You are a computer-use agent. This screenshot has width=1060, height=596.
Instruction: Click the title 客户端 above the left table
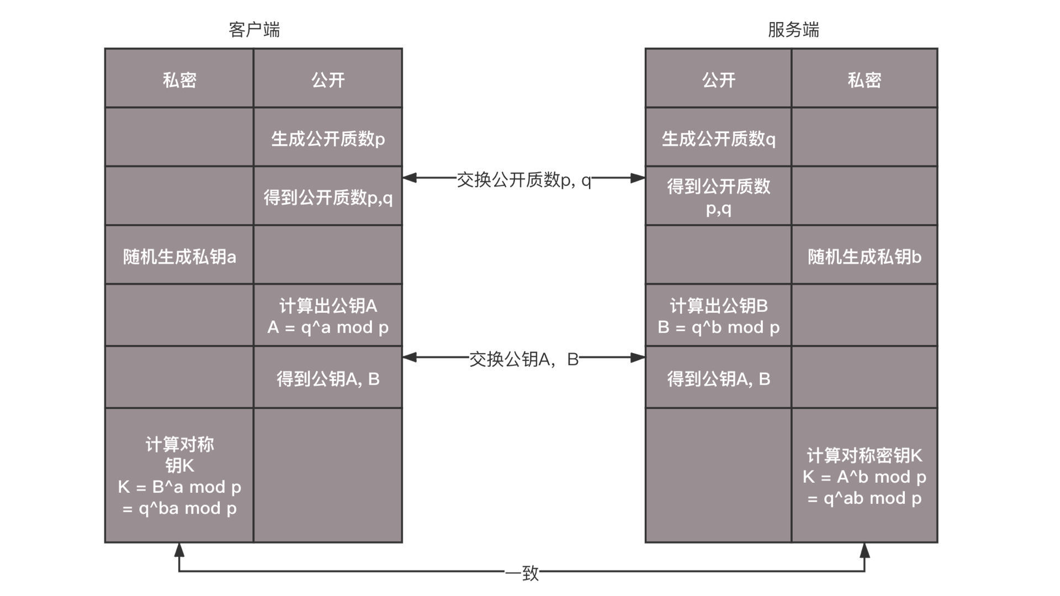254,29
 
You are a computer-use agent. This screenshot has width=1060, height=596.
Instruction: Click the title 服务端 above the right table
793,29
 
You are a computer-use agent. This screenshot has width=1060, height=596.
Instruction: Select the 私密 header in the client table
179,80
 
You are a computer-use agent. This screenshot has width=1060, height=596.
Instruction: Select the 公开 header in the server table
718,80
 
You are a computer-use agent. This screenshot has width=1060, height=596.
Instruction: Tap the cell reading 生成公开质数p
328,139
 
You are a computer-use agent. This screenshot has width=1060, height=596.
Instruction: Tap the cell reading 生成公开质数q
718,139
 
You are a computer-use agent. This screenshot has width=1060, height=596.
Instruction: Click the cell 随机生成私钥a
179,257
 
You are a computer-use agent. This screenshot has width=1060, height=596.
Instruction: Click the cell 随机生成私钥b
865,257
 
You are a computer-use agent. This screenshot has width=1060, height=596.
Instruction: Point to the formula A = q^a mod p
328,327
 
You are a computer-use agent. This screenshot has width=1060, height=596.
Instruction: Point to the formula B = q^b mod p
718,327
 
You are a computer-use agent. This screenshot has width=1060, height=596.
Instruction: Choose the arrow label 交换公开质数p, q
524,179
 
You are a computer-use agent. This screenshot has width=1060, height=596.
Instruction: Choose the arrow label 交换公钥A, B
524,359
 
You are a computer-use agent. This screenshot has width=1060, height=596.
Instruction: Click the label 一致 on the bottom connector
522,573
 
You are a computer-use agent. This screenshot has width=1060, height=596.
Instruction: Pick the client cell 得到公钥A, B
328,379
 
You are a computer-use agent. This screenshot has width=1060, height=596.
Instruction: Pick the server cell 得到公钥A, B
718,379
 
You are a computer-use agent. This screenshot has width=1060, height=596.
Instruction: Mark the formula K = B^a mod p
179,487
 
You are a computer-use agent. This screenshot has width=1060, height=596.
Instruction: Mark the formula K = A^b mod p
865,477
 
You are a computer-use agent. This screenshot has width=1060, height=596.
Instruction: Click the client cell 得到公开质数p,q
328,197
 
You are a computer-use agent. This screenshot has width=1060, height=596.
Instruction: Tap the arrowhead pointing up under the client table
179,550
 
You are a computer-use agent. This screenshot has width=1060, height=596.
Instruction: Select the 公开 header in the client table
328,80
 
